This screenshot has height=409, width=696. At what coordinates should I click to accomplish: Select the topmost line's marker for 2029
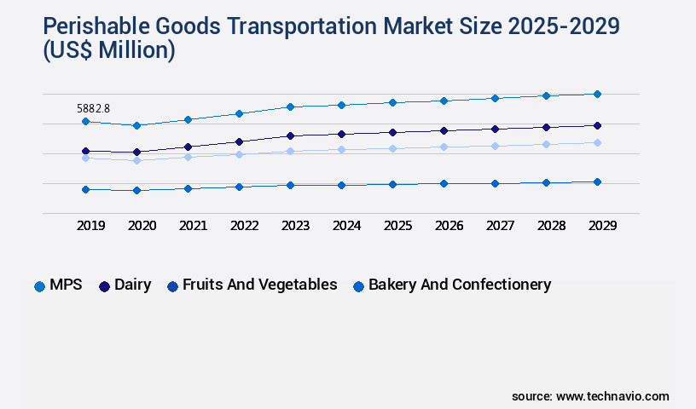click(x=597, y=94)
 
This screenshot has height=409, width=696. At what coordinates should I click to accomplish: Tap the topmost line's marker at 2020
click(x=136, y=125)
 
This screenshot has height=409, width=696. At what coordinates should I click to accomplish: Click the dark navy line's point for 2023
click(x=290, y=135)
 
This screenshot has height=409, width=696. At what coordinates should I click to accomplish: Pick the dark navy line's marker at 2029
click(x=597, y=125)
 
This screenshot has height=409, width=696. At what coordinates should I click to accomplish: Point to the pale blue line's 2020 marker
click(x=136, y=160)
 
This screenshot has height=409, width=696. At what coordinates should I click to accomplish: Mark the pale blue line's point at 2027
click(x=495, y=146)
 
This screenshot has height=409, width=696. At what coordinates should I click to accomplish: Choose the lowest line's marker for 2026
click(x=444, y=183)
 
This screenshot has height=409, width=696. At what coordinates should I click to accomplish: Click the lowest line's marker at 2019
click(x=85, y=189)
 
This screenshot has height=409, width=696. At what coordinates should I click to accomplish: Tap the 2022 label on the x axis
click(x=244, y=226)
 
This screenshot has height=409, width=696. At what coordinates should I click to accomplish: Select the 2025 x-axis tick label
click(x=397, y=226)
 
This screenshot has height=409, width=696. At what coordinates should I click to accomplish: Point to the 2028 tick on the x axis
click(x=551, y=226)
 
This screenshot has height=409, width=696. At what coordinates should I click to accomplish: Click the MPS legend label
click(x=66, y=285)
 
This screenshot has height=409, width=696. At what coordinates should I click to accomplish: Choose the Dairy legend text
click(x=132, y=285)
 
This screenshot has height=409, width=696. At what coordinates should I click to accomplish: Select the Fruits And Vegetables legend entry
click(x=259, y=285)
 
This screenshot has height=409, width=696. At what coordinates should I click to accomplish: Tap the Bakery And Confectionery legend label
click(x=459, y=285)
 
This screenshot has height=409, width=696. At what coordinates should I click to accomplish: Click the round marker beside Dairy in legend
click(x=105, y=286)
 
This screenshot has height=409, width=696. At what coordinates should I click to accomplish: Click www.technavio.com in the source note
click(x=612, y=396)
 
